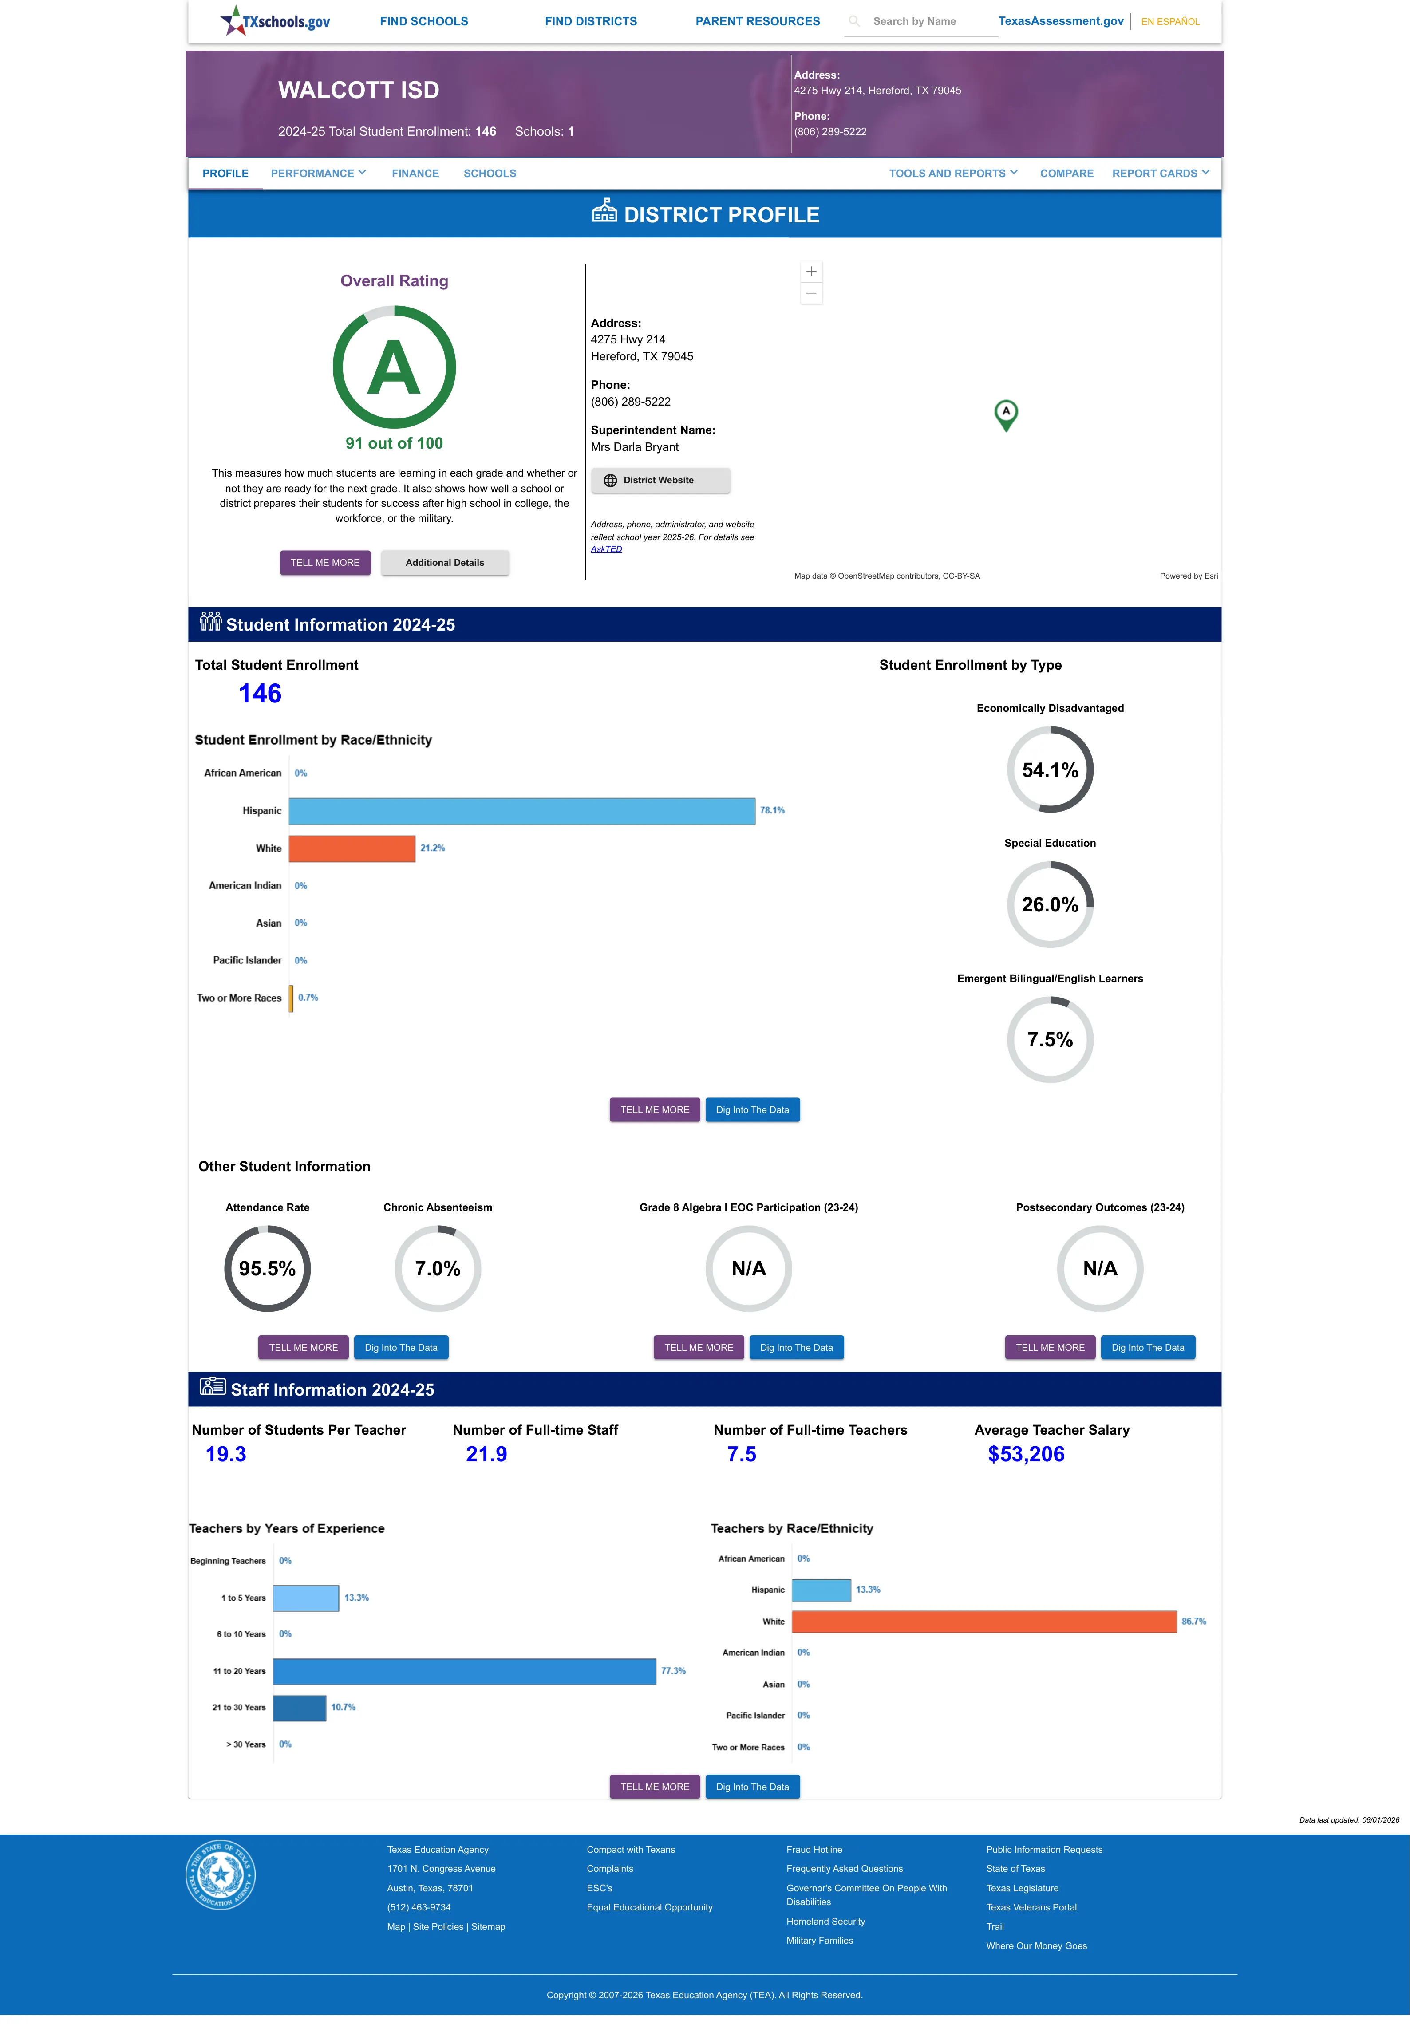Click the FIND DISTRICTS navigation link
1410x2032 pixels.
pos(590,21)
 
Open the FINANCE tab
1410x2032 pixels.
pos(415,173)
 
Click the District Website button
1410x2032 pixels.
pos(660,481)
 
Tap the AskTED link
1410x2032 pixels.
pos(606,549)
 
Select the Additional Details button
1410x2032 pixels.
pos(444,563)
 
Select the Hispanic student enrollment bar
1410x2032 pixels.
pos(522,811)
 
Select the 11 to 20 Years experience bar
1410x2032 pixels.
pos(465,1671)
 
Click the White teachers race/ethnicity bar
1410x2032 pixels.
pos(984,1622)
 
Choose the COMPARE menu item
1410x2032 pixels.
pos(1066,173)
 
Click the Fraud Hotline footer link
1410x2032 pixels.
pos(814,1849)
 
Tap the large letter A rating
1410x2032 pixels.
pos(394,367)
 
